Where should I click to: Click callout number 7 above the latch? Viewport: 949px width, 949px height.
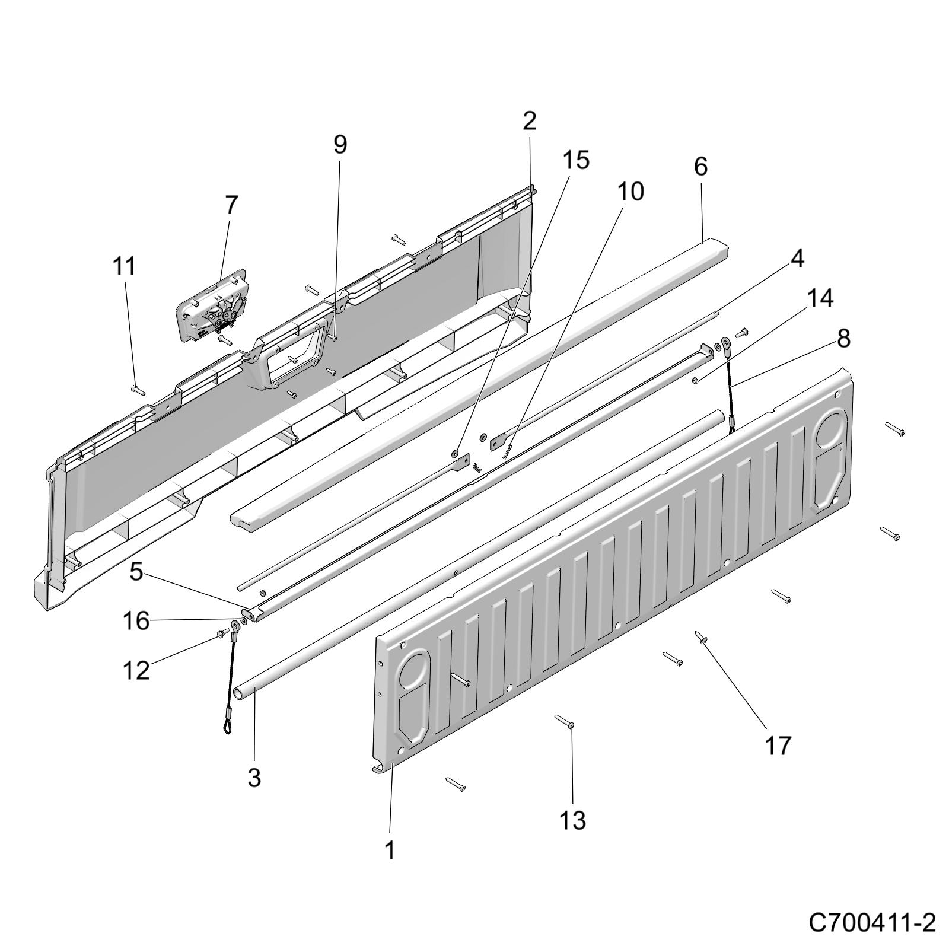[x=231, y=205]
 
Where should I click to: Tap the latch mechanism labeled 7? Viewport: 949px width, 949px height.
[x=211, y=308]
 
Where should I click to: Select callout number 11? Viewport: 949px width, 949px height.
[x=125, y=266]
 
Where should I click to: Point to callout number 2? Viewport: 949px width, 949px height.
[x=529, y=121]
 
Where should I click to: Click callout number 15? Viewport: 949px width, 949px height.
[x=576, y=160]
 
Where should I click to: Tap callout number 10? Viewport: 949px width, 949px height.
[x=630, y=192]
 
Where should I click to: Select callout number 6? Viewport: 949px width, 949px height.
[x=700, y=167]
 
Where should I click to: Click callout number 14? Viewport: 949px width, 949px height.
[x=819, y=298]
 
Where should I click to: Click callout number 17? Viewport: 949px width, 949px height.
[x=778, y=746]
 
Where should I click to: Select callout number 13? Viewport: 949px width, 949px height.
[x=572, y=820]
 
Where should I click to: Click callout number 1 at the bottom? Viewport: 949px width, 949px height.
[x=390, y=851]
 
